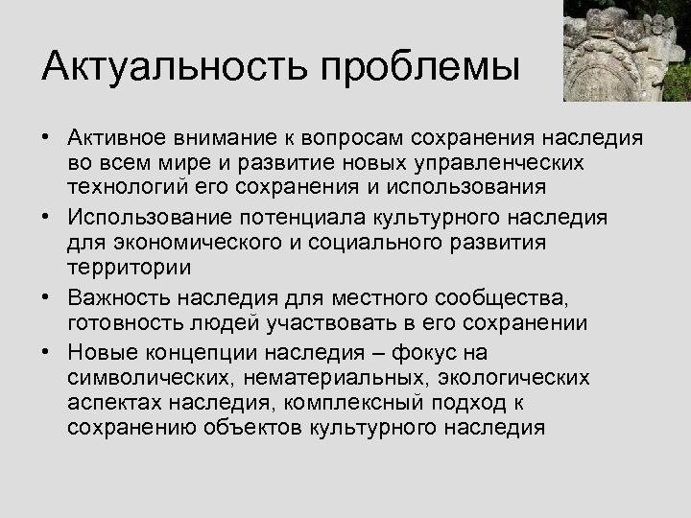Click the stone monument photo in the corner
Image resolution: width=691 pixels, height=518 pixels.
point(627,50)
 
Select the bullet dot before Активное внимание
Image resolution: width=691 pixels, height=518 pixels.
point(46,137)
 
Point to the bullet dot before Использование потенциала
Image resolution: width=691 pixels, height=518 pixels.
point(46,218)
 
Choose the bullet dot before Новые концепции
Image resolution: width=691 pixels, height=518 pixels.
point(46,352)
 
